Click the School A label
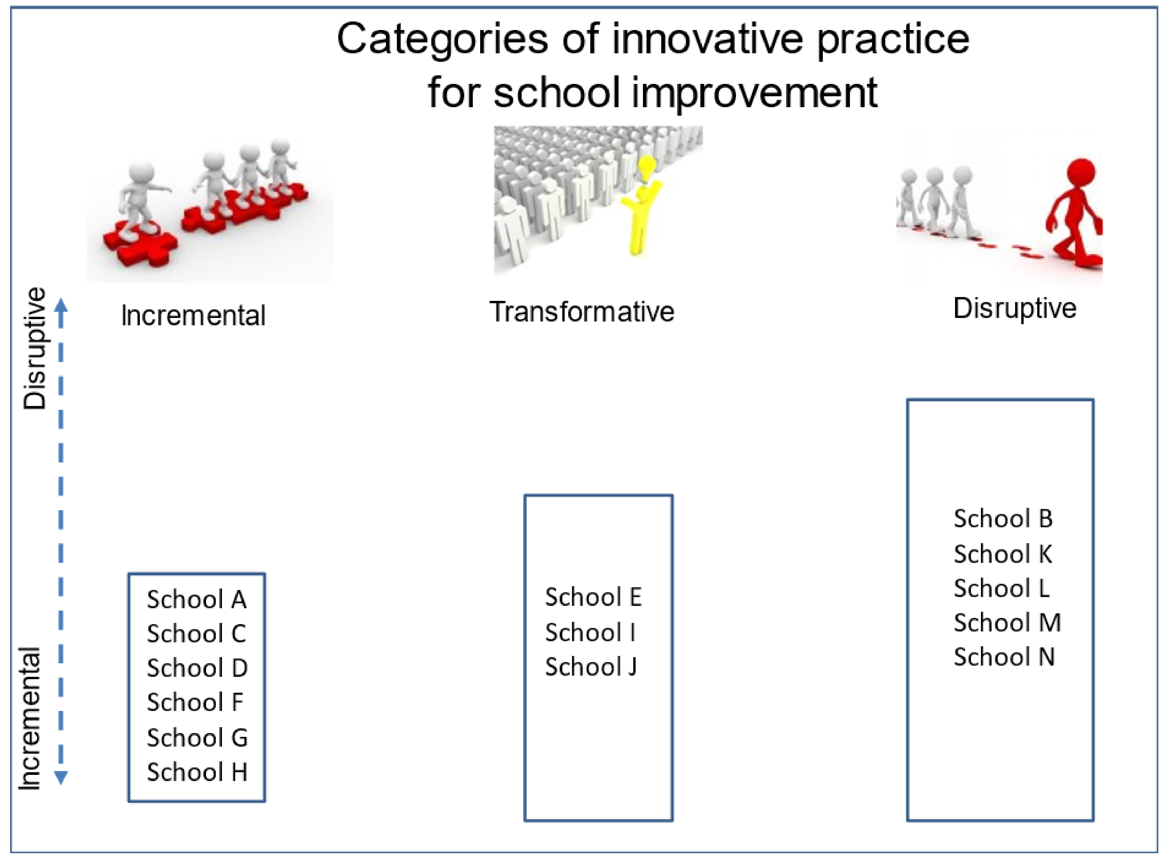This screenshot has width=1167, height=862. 197,599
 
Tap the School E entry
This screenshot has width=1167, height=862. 593,597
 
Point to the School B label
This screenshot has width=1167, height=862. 1003,519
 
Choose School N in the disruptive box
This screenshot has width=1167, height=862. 1004,657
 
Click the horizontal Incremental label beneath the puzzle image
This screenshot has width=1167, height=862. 193,316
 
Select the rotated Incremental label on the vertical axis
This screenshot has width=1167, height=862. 30,719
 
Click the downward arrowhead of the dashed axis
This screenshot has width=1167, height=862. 61,778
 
